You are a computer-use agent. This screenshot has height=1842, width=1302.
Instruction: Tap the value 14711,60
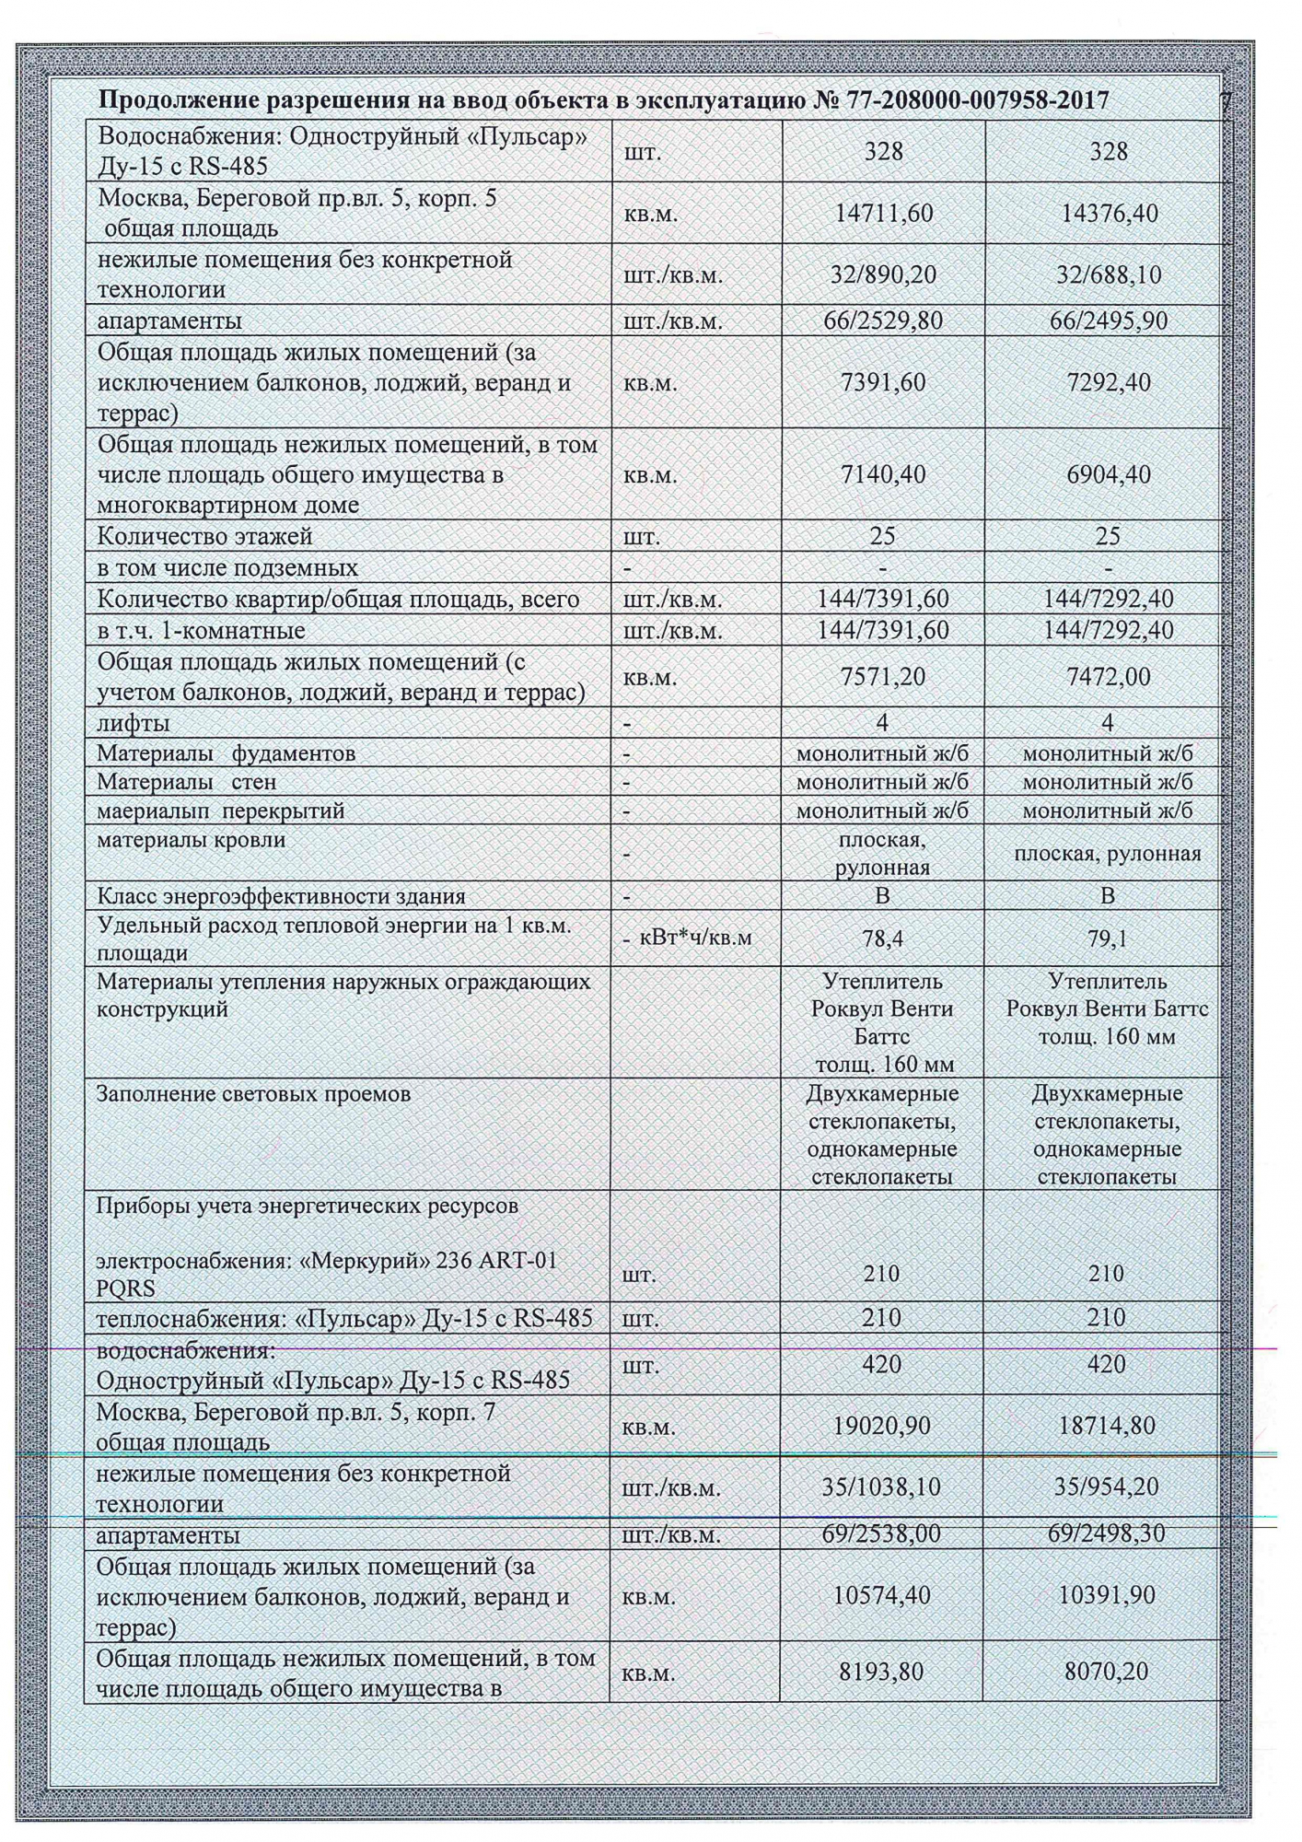coord(883,213)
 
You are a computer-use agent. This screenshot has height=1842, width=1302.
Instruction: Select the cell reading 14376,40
coord(1108,213)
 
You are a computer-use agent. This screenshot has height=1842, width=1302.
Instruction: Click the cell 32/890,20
coord(883,274)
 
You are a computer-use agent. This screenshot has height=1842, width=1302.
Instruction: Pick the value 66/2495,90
coord(1108,321)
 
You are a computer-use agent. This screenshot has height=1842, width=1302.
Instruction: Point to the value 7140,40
coord(883,474)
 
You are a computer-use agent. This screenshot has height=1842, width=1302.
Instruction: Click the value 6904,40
coord(1108,474)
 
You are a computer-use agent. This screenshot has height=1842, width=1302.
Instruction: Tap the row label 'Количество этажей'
coord(205,536)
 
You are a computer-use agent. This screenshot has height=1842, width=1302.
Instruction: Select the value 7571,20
coord(883,677)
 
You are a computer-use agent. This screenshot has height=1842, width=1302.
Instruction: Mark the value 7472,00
coord(1108,677)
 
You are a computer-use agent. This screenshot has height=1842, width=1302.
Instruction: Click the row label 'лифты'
coord(134,723)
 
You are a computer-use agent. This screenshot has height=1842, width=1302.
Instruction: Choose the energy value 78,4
coord(883,939)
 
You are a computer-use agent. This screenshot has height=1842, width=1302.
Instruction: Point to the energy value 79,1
coord(1108,939)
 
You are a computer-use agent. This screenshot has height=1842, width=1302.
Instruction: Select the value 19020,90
coord(882,1426)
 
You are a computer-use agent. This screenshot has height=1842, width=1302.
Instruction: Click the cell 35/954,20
coord(1107,1486)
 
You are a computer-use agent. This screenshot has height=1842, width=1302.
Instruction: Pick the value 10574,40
coord(882,1594)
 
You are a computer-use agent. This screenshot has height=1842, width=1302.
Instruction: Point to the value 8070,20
coord(1107,1671)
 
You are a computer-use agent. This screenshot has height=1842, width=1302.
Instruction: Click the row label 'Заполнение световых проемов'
coord(253,1094)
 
